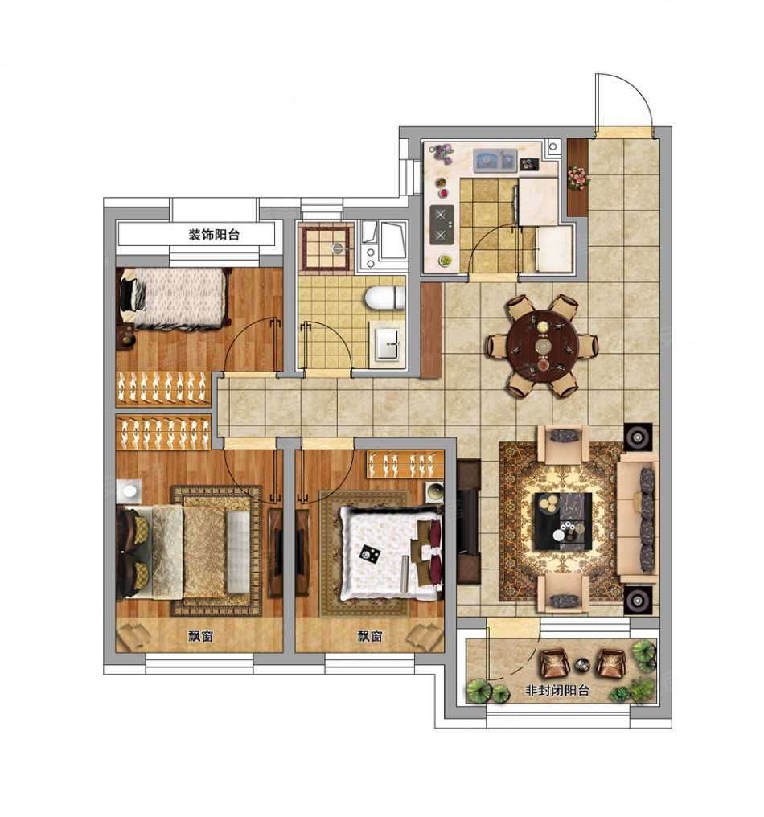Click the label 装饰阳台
pyautogui.click(x=214, y=235)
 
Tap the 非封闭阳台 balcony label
pyautogui.click(x=557, y=691)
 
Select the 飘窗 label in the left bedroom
pyautogui.click(x=200, y=636)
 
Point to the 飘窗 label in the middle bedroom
pyautogui.click(x=369, y=636)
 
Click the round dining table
pyautogui.click(x=543, y=345)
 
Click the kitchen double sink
pyautogui.click(x=495, y=160)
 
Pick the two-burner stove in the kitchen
pyautogui.click(x=442, y=224)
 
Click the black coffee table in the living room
pyautogui.click(x=563, y=521)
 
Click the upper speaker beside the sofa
pyautogui.click(x=639, y=437)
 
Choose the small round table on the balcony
pyautogui.click(x=582, y=665)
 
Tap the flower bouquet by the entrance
pyautogui.click(x=578, y=177)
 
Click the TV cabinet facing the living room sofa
pyautogui.click(x=469, y=522)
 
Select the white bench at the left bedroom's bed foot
pyautogui.click(x=237, y=552)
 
